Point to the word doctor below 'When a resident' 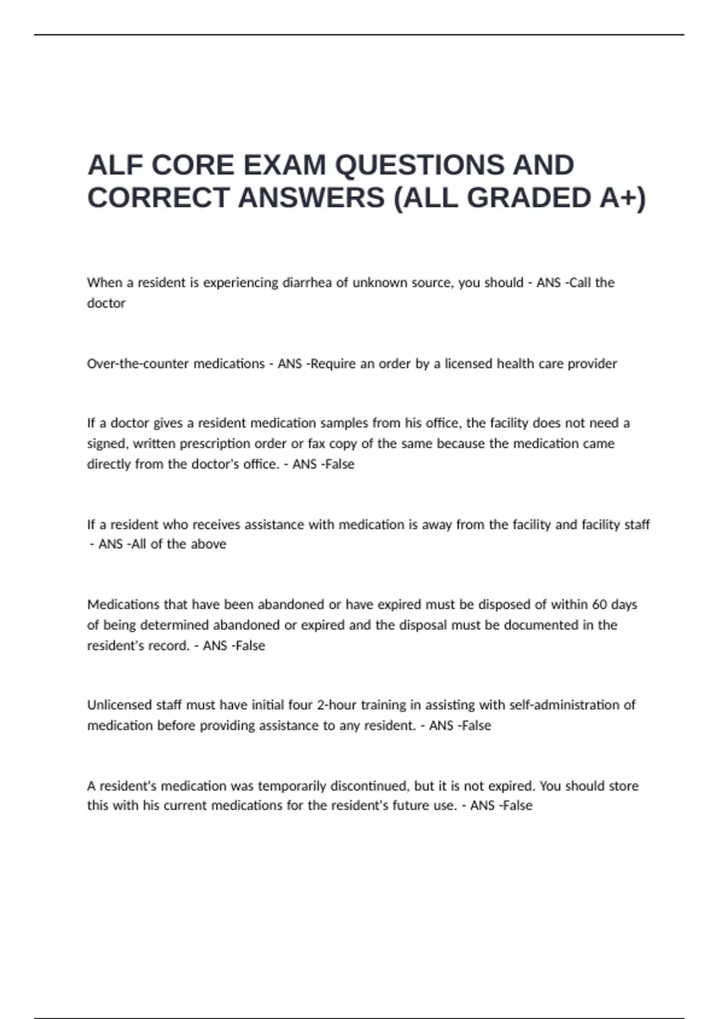pyautogui.click(x=106, y=303)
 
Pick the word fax pyautogui.click(x=316, y=444)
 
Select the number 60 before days pyautogui.click(x=599, y=604)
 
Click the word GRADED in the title pyautogui.click(x=530, y=198)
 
